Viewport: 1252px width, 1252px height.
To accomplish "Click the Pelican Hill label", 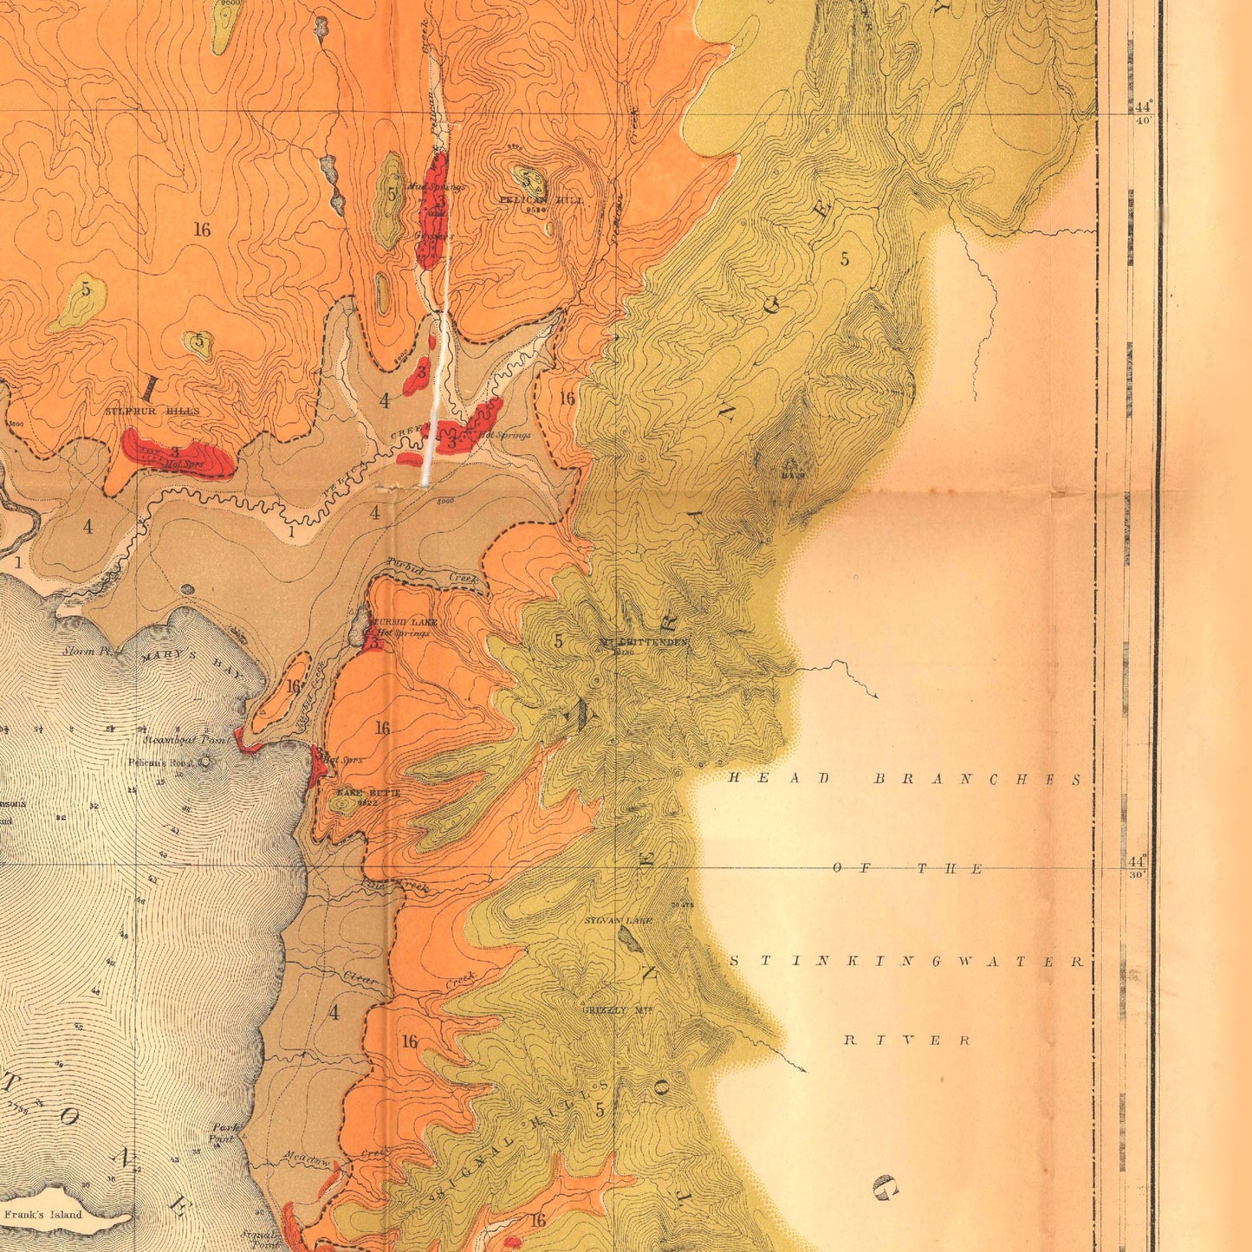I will pyautogui.click(x=542, y=200).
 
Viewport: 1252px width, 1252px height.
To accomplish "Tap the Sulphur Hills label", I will pyautogui.click(x=152, y=412).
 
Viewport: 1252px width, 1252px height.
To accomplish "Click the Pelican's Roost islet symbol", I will pyautogui.click(x=205, y=762).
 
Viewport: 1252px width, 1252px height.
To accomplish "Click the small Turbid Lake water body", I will pyautogui.click(x=360, y=626).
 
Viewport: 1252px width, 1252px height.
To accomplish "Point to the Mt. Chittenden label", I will pyautogui.click(x=644, y=642).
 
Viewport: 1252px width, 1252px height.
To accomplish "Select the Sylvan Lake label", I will pyautogui.click(x=618, y=920).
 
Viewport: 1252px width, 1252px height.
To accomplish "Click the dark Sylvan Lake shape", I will pyautogui.click(x=631, y=939).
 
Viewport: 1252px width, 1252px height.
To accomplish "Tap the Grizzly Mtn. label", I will pyautogui.click(x=617, y=1010).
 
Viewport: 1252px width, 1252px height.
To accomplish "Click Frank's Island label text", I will pyautogui.click(x=42, y=1214).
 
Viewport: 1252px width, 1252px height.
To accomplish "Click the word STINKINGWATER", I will pyautogui.click(x=906, y=962).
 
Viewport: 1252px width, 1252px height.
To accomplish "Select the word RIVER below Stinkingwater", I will pyautogui.click(x=906, y=1040).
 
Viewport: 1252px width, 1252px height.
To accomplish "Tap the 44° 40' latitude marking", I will pyautogui.click(x=1141, y=112).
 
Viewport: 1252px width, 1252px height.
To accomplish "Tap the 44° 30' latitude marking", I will pyautogui.click(x=1138, y=866).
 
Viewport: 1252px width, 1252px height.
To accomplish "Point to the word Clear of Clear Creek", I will pyautogui.click(x=360, y=978).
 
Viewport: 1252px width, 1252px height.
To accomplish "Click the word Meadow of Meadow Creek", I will pyautogui.click(x=307, y=1158).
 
